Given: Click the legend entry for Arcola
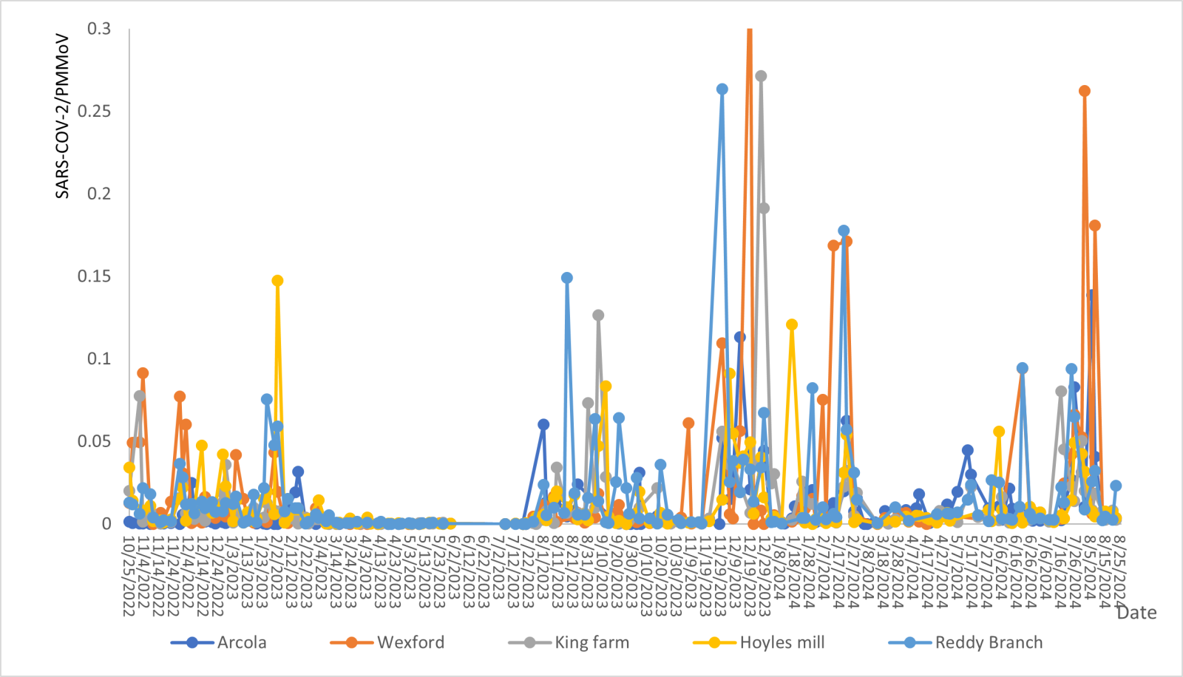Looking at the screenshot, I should [241, 642].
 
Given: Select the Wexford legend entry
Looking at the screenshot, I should [410, 642].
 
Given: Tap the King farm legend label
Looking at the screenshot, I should [591, 642].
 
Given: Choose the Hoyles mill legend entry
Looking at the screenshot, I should [782, 642].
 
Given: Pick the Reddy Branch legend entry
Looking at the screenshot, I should [989, 642].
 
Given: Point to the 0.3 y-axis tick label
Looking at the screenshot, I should [99, 29].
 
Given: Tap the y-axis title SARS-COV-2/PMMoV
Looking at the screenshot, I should [63, 116].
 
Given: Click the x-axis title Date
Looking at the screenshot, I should [1136, 613].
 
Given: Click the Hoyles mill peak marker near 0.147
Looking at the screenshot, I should [277, 281].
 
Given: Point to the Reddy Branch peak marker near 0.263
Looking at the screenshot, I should [722, 89].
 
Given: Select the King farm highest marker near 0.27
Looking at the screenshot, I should [761, 76].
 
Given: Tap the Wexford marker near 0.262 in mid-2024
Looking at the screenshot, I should [1085, 91].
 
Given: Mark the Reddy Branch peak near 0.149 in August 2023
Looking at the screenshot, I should [567, 278].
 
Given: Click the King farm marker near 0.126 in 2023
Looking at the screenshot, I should [598, 316].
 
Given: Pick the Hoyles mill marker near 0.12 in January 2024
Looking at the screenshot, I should [792, 324].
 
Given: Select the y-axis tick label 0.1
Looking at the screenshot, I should [99, 358].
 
